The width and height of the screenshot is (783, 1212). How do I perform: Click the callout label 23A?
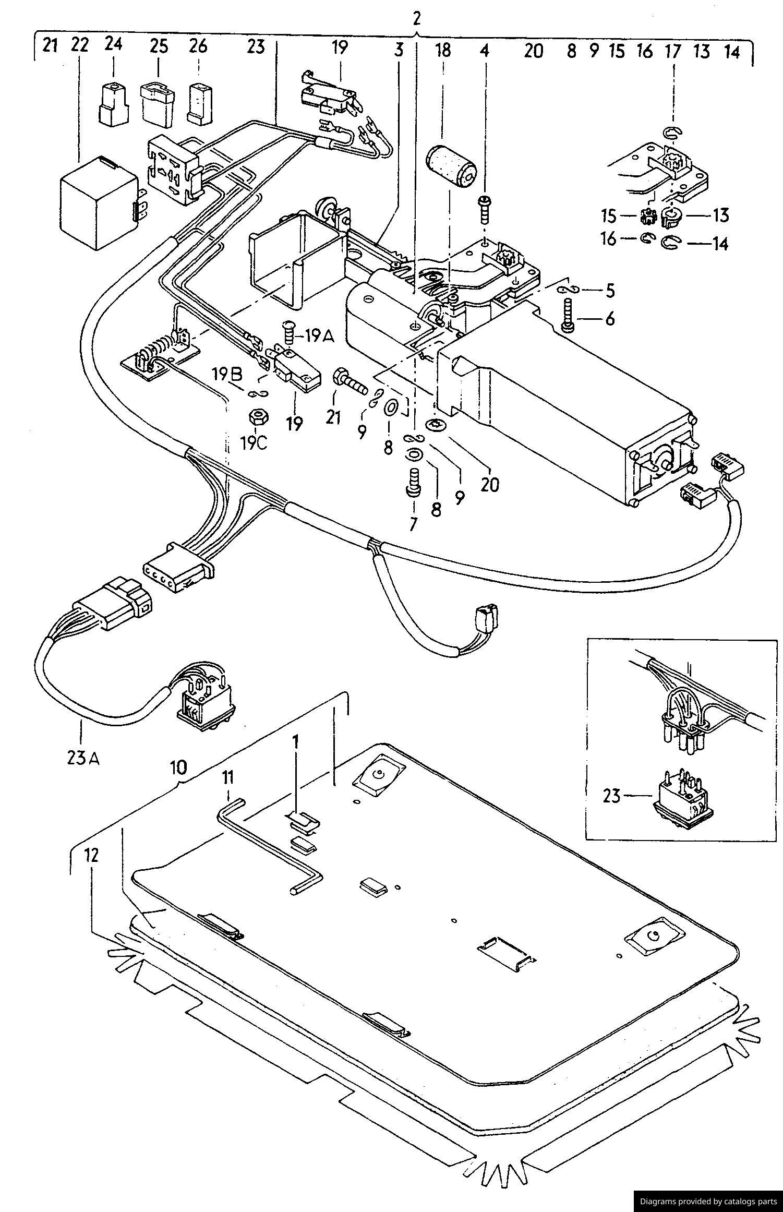83,757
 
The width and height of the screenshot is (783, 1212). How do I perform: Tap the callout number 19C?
254,443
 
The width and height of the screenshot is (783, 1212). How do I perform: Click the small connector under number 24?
113,104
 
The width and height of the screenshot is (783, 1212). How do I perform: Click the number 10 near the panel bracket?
178,767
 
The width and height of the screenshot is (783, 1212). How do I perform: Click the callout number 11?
227,793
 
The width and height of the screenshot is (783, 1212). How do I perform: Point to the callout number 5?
610,291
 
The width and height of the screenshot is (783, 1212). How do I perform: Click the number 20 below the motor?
490,485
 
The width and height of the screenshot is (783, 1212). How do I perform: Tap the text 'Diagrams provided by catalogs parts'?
708,1201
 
